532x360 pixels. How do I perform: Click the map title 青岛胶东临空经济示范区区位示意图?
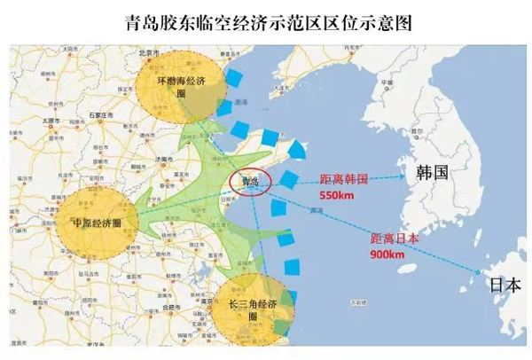[266, 20]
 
